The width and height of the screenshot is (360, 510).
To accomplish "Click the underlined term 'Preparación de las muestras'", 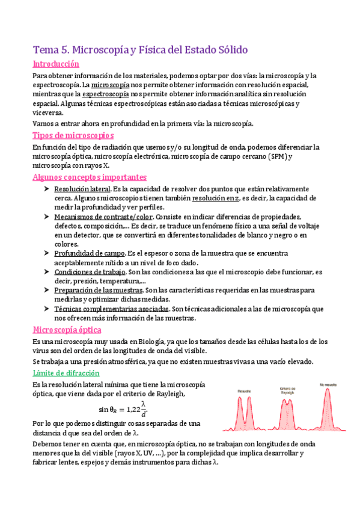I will pyautogui.click(x=98, y=290).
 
